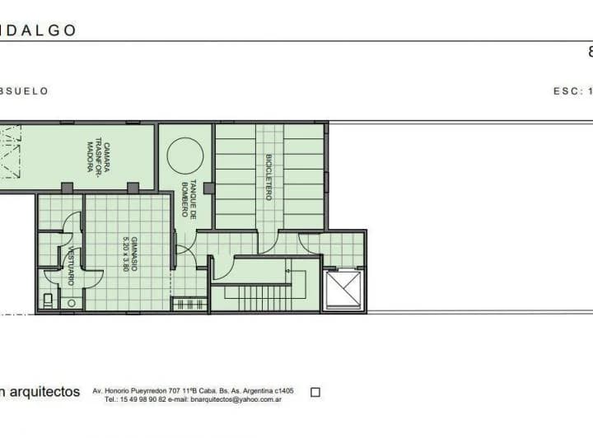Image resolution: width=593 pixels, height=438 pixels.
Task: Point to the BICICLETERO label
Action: click(x=268, y=177)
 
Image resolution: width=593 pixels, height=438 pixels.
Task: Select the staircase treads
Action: click(x=259, y=297)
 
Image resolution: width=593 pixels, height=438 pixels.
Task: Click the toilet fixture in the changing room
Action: click(x=48, y=301)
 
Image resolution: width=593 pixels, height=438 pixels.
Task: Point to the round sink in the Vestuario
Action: click(x=72, y=303)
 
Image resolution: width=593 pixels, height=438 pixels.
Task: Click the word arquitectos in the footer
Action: click(x=45, y=391)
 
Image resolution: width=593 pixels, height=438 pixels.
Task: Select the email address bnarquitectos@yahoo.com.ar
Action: click(x=236, y=399)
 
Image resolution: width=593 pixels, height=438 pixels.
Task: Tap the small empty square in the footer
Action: click(x=315, y=393)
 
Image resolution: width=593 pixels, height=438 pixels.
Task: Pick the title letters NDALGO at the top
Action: click(x=39, y=30)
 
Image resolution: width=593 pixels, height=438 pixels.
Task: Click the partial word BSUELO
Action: click(x=24, y=91)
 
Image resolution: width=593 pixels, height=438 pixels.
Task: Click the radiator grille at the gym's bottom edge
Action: click(x=189, y=304)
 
